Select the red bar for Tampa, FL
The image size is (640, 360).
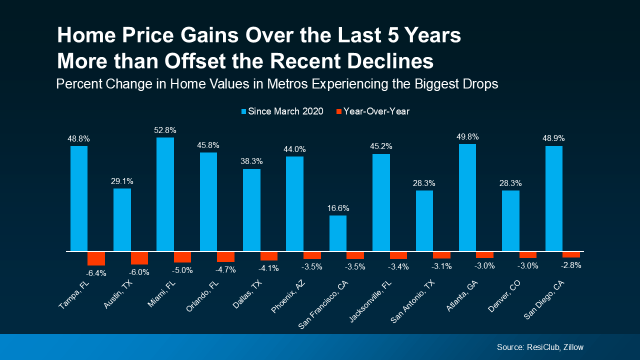(x=96, y=258)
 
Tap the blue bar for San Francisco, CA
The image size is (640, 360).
(x=338, y=233)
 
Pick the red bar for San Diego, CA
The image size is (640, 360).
(x=571, y=254)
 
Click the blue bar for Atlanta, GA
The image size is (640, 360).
(x=467, y=197)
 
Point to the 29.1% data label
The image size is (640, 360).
(x=122, y=181)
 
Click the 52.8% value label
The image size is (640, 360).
(x=165, y=130)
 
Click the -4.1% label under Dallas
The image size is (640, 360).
(x=269, y=268)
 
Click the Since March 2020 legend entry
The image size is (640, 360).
(x=282, y=111)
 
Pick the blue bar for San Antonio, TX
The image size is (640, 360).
(x=424, y=220)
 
